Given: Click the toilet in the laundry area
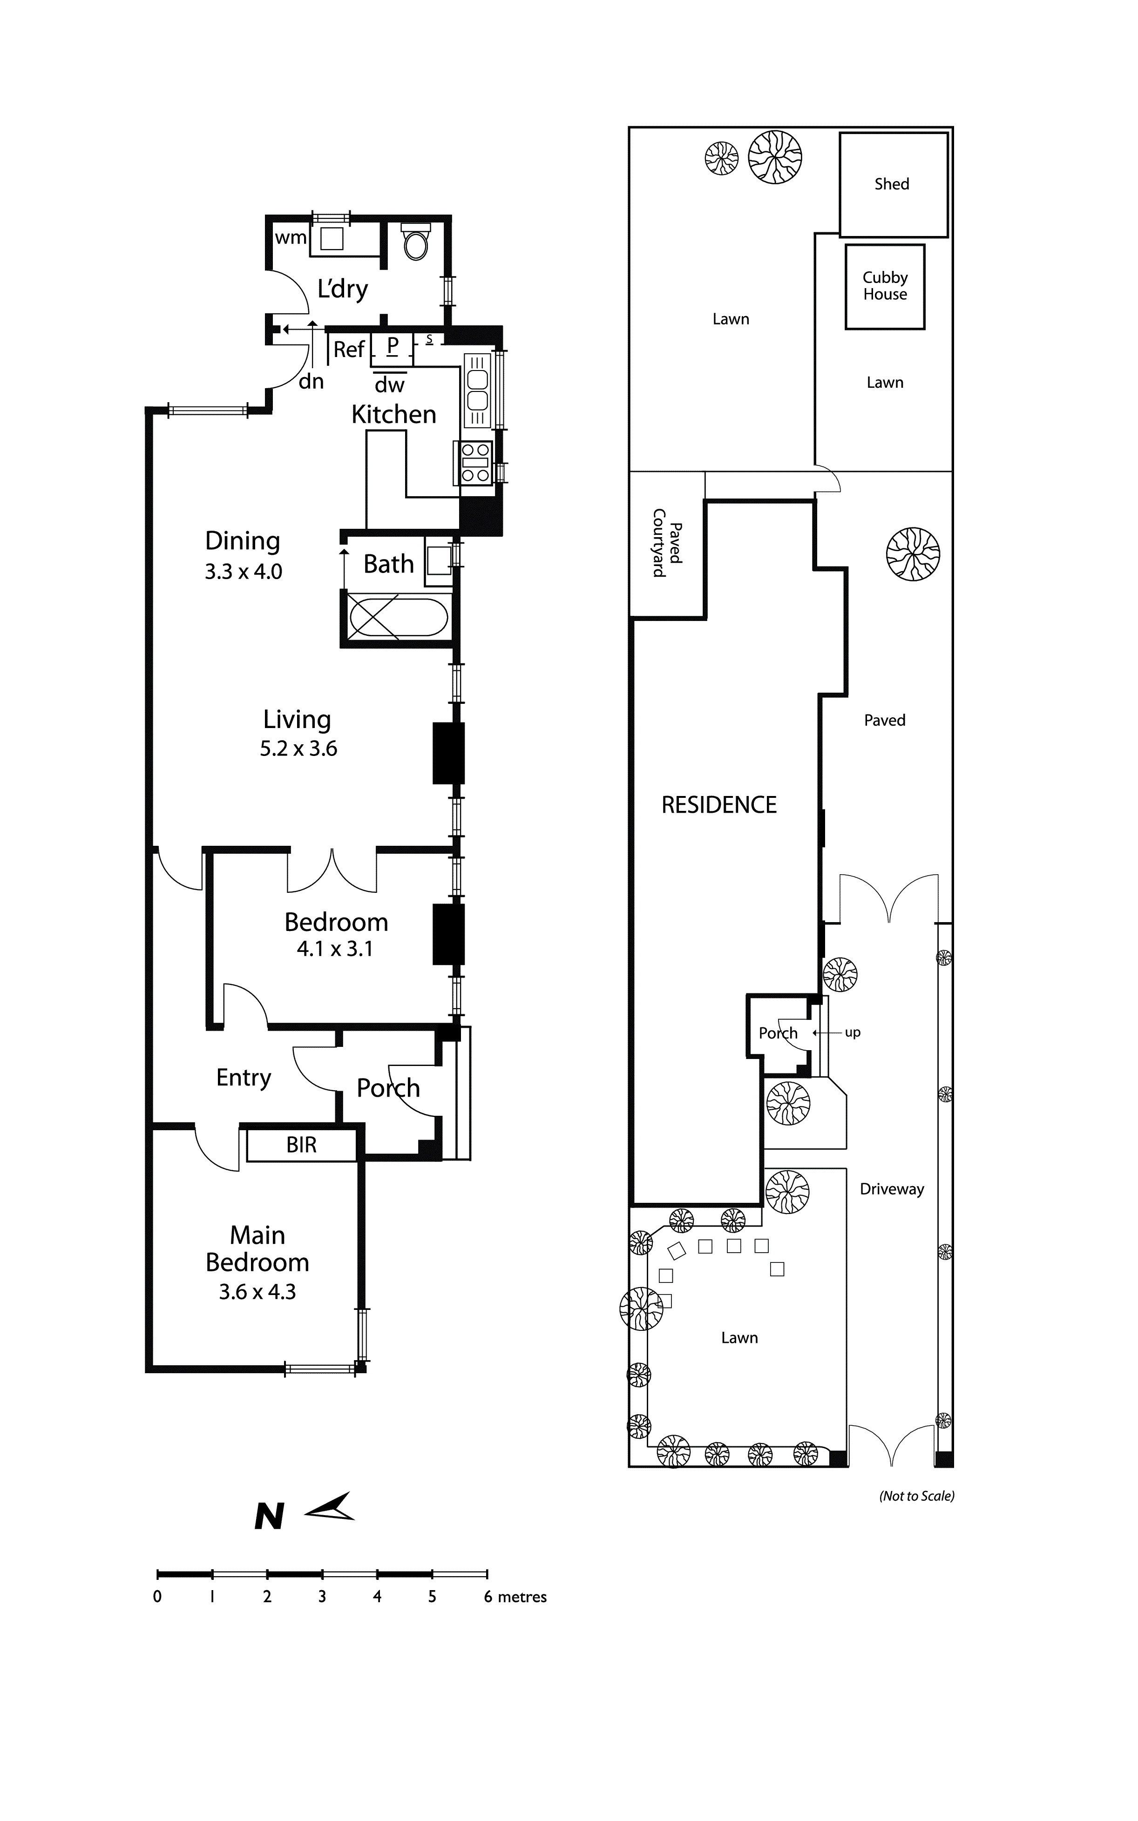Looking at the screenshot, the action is click(416, 241).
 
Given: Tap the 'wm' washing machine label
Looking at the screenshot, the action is click(291, 238).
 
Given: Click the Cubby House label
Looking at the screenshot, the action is click(885, 286).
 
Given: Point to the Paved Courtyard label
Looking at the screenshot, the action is click(667, 543).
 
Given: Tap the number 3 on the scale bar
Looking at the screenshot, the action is click(322, 1597).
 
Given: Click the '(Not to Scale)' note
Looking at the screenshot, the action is click(917, 1496).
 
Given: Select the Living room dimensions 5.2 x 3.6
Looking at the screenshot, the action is click(299, 749).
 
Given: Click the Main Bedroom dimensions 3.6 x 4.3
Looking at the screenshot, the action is click(257, 1292).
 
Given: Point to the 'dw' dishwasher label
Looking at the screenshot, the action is click(390, 385).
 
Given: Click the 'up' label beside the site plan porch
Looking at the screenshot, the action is click(853, 1032).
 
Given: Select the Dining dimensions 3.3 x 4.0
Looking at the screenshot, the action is click(243, 572).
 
